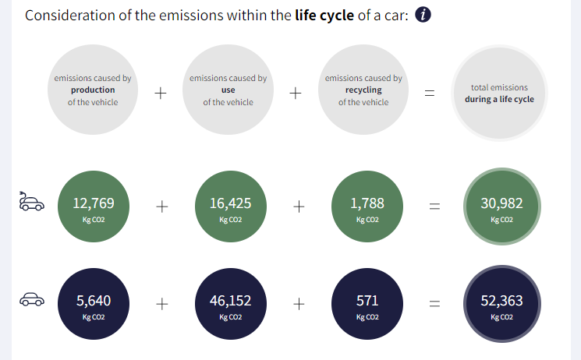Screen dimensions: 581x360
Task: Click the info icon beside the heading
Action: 423,15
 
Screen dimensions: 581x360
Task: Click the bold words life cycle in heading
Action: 324,16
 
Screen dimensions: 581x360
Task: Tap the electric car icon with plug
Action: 31,201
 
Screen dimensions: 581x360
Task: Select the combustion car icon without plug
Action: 32,299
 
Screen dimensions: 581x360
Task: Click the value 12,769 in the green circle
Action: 94,203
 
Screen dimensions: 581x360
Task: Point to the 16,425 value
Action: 231,203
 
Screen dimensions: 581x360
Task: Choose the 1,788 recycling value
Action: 367,203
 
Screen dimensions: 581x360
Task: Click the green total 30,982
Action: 501,203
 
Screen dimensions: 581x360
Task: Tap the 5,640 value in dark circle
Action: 94,300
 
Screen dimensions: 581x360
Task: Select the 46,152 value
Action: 231,300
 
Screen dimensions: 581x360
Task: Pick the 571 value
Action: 367,300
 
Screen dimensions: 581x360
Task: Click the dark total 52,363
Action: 501,300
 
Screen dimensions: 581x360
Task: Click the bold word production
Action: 93,90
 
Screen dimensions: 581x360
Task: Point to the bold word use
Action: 229,90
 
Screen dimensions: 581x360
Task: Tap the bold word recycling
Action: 363,90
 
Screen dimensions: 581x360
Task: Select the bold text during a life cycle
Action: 499,99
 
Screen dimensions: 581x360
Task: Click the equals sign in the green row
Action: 434,206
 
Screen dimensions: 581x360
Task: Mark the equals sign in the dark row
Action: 434,304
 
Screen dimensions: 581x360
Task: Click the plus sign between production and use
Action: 161,93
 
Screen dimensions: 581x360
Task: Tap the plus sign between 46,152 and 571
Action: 299,304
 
